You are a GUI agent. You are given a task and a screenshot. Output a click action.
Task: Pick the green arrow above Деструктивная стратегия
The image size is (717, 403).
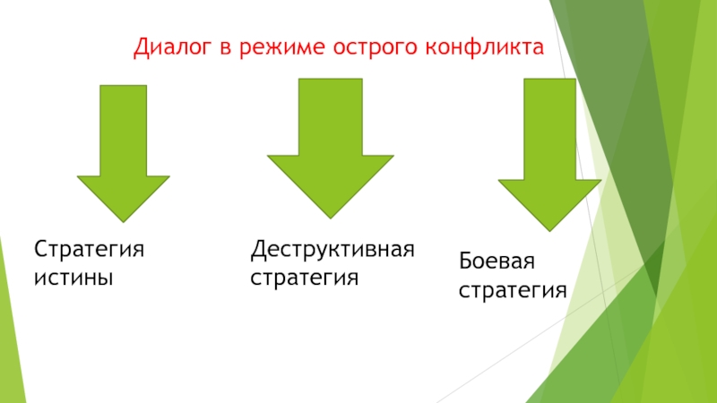point(330,148)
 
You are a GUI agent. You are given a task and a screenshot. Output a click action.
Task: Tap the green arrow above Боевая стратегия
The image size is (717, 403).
point(549,152)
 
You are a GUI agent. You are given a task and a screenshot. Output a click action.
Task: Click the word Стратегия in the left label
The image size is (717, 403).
point(89,248)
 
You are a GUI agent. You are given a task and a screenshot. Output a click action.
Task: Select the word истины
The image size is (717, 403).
point(73,278)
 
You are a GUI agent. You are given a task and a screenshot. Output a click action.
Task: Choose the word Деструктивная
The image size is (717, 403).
point(333,248)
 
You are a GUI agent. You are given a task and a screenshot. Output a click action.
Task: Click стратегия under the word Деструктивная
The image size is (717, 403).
point(304,278)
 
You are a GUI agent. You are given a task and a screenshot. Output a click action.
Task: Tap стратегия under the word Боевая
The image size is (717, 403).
point(513,292)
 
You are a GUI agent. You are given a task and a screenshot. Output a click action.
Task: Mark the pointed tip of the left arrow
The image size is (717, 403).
point(123,219)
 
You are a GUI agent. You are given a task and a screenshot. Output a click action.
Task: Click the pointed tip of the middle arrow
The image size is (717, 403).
point(330,214)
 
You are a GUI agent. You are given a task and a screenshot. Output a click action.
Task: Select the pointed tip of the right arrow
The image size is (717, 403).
point(549,229)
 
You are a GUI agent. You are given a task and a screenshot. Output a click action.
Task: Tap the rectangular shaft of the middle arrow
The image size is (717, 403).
point(330,116)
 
